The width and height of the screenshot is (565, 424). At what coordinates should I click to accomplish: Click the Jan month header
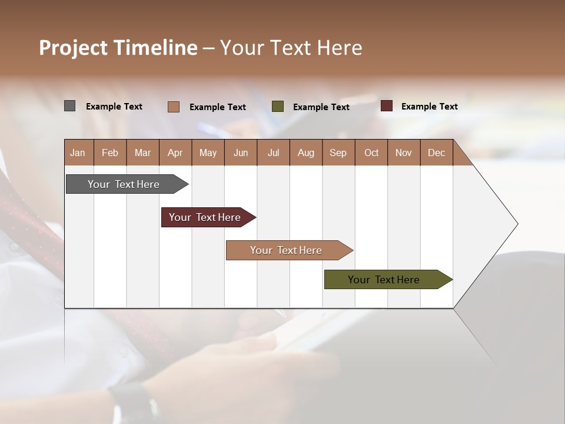point(78,153)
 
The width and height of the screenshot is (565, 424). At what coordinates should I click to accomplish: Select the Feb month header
point(110,153)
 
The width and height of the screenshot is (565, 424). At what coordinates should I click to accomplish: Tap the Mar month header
point(142,153)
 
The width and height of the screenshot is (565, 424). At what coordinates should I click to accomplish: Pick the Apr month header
point(175,153)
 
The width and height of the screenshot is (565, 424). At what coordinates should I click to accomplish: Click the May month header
point(208,153)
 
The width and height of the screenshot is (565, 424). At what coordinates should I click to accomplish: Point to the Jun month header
point(241,153)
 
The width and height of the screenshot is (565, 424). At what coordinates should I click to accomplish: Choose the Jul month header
point(273,153)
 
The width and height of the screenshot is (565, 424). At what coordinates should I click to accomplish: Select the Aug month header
point(306,153)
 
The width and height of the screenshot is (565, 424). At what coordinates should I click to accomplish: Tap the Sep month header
point(338,153)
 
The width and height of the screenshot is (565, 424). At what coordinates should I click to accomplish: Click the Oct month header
point(371,153)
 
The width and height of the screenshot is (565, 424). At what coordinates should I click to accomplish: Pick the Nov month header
point(404,153)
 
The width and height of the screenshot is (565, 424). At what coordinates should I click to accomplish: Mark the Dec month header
point(437,153)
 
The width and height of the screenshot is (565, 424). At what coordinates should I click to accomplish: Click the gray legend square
point(70,106)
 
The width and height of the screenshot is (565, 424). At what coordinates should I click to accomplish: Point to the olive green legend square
point(278,107)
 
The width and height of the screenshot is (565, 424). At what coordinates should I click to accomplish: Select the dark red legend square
point(386,106)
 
